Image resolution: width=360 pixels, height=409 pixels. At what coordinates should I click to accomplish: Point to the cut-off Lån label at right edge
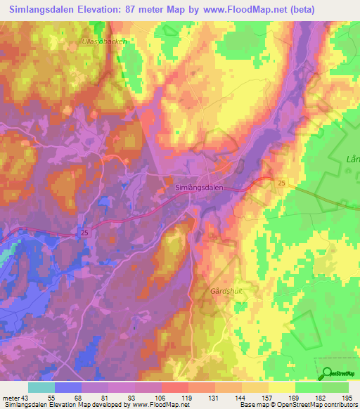pyautogui.click(x=352, y=160)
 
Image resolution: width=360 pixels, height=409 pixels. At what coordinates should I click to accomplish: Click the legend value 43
pyautogui.click(x=26, y=398)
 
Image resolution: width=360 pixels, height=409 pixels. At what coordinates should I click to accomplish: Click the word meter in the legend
pyautogui.click(x=11, y=398)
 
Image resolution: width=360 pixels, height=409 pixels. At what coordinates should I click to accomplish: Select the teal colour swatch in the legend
pyautogui.click(x=41, y=387)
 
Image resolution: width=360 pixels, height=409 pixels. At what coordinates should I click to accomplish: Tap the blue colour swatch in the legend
pyautogui.click(x=67, y=387)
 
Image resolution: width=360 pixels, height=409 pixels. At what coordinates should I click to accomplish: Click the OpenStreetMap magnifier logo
pyautogui.click(x=327, y=373)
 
